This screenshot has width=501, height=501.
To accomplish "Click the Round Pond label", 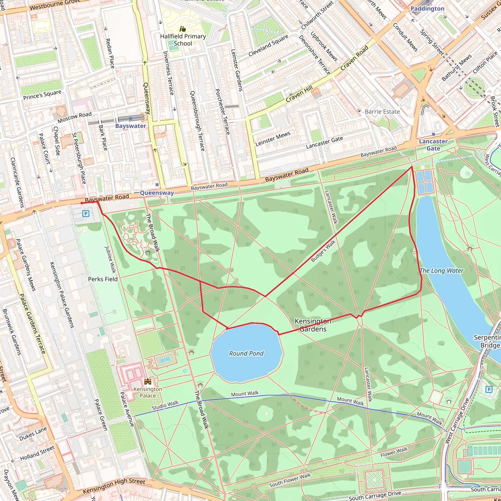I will [246, 353].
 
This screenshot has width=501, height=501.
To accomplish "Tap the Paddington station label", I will [427, 9].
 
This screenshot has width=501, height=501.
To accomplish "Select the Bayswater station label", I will [130, 126].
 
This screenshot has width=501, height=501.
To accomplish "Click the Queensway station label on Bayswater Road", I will [157, 193].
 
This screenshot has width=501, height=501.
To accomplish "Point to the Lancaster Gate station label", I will [433, 145].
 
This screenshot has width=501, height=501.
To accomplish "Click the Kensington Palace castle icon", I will [148, 381].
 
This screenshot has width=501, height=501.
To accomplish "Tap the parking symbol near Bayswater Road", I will [86, 214].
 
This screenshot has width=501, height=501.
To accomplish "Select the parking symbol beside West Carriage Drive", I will [489, 389].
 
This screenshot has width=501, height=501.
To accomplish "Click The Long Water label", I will [442, 271].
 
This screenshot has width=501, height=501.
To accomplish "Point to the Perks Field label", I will [103, 279].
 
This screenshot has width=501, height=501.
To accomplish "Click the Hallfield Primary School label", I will [183, 40].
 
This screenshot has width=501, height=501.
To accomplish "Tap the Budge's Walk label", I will [323, 251].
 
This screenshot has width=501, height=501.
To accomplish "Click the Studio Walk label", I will [165, 405].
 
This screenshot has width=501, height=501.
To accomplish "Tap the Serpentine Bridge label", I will [487, 341].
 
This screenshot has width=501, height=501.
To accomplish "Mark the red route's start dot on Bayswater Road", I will [82, 203].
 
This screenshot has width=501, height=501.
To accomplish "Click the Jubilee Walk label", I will [110, 260].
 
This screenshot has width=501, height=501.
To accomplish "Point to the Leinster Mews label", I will [273, 139].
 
